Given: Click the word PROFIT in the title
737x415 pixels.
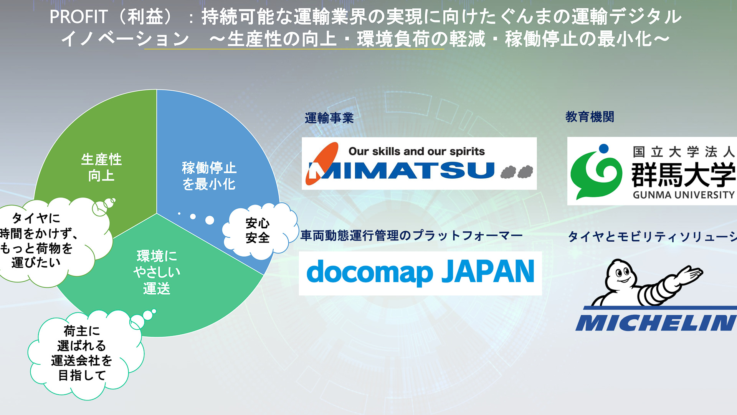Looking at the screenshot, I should tap(79, 17).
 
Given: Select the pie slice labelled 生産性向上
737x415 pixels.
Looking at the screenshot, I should tap(101, 167).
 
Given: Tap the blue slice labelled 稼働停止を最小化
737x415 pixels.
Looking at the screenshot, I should tap(209, 176).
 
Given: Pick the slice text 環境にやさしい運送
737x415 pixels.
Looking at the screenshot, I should tap(157, 272).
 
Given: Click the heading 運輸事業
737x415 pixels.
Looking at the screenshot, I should tap(329, 118).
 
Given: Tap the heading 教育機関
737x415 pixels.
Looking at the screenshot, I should tap(590, 117).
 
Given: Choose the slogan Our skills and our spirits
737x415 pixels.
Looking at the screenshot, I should tap(416, 151).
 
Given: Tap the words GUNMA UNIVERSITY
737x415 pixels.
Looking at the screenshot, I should tap(683, 195).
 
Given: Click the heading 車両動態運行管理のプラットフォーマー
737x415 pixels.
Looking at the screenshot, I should tap(411, 235).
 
